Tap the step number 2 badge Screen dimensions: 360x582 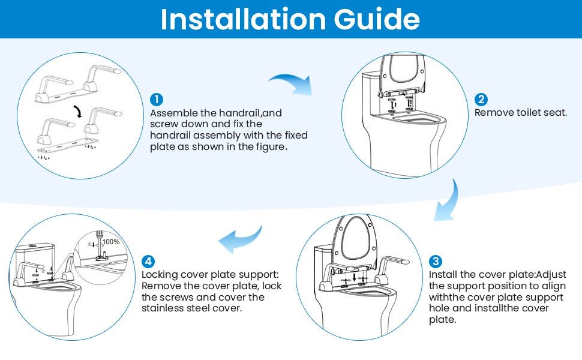point(481,100)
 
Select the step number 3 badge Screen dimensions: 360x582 point(436,262)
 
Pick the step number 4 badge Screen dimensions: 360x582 point(148,262)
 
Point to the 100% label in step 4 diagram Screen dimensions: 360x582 point(111,242)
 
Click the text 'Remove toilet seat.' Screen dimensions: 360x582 point(521,112)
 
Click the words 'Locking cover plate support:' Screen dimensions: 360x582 point(210,275)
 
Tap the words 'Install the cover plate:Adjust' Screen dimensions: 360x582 point(497,275)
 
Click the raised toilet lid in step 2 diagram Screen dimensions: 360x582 point(405,72)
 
